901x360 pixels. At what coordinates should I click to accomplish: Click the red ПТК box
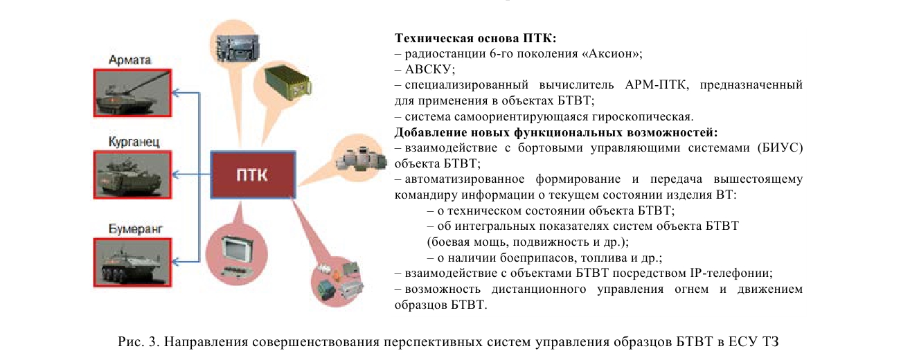253,175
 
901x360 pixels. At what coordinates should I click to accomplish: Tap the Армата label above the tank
130,60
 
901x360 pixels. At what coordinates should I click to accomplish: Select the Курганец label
134,142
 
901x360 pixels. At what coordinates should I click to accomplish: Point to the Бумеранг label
136,229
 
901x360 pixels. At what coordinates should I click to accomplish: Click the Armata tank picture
133,93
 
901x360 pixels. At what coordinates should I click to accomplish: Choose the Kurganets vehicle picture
133,175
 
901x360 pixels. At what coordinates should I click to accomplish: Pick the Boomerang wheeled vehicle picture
133,262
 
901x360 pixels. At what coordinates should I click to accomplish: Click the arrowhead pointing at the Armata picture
176,93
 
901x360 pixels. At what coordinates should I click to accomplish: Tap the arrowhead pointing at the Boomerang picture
176,262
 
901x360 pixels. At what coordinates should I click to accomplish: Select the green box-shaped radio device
287,84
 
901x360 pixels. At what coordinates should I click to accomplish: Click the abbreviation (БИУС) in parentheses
780,147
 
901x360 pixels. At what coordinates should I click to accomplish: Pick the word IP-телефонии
731,273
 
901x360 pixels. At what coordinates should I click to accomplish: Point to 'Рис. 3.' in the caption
139,342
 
